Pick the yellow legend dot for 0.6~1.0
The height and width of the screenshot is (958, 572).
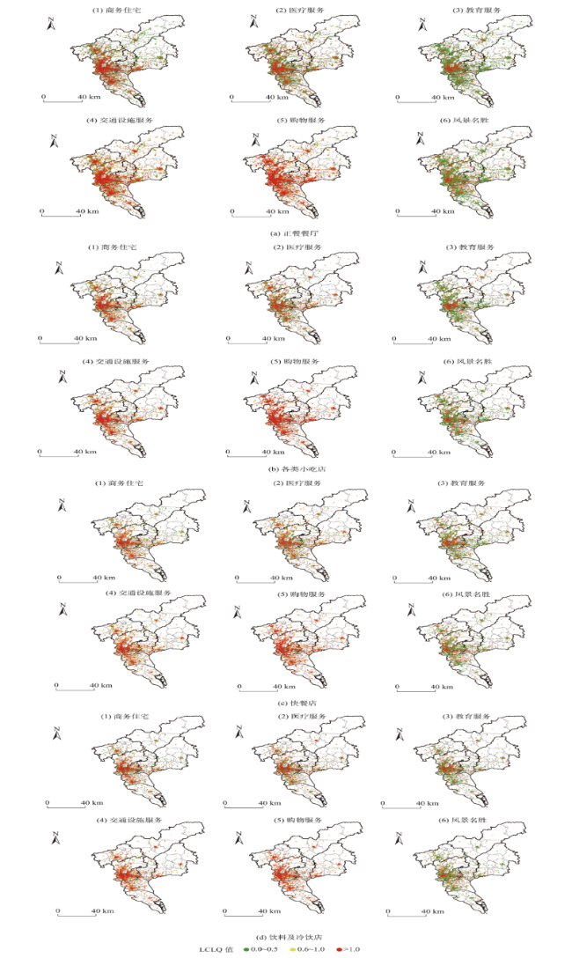coord(291,949)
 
